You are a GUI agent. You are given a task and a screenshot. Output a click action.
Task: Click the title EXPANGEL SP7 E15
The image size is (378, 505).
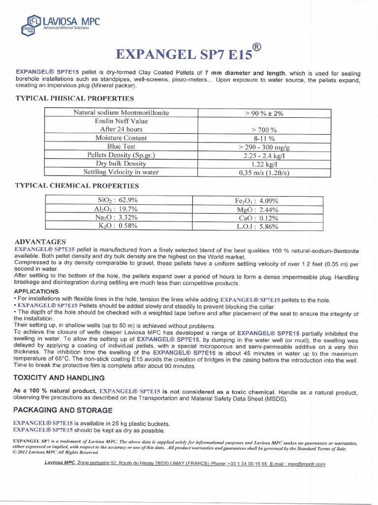pos(183,54)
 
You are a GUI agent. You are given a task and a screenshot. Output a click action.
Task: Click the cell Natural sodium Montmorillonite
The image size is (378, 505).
pos(121,112)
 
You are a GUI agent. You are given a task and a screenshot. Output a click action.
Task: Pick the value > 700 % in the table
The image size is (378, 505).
pos(264,130)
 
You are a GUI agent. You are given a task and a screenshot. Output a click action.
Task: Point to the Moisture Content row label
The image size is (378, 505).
pos(121,138)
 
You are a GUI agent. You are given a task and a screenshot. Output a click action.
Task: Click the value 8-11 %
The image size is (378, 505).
pos(264,139)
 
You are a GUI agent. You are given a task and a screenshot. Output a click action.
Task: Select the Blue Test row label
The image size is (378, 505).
pos(121,146)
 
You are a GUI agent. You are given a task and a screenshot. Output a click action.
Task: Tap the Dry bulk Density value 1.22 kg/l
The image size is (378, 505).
pos(264,164)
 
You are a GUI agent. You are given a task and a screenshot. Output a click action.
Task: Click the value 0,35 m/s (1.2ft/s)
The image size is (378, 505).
pos(264,173)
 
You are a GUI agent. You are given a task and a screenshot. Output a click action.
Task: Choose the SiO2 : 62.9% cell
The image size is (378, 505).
pos(118,200)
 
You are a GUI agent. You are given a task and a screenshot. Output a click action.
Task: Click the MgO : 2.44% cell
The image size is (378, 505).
pos(257,209)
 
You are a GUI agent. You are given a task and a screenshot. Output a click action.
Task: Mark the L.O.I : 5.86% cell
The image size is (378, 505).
pos(257,226)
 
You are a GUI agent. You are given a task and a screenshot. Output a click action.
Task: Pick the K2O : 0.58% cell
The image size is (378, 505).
pos(118,226)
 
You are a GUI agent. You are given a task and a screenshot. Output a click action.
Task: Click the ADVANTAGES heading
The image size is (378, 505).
pos(40,242)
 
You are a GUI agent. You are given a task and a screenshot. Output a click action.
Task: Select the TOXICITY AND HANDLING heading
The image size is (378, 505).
pos(59,378)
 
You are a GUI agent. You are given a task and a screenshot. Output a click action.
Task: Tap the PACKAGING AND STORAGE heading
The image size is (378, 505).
pos(63,410)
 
